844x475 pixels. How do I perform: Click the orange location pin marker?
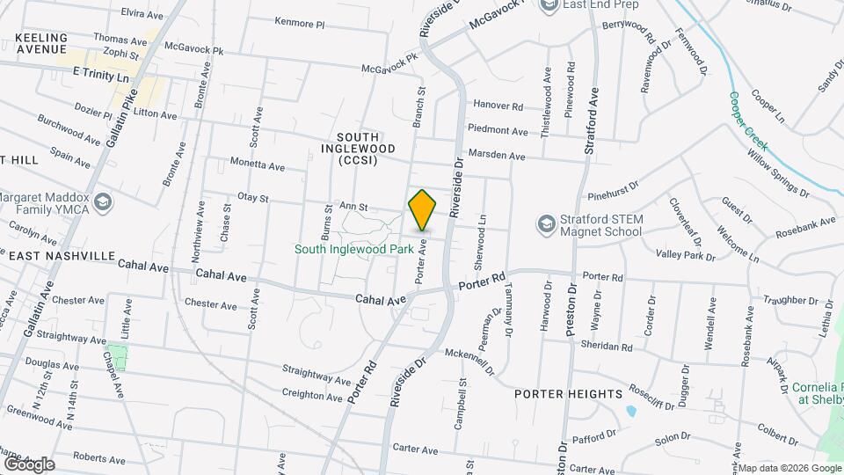click(x=422, y=211)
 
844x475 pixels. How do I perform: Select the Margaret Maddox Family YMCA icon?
click(x=104, y=203)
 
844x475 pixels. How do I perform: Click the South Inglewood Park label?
click(x=353, y=250)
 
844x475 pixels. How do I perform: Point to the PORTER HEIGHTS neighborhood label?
click(x=568, y=393)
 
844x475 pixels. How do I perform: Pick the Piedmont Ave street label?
click(x=498, y=131)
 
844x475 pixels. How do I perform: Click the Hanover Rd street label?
click(x=498, y=105)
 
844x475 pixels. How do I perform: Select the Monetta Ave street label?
click(x=258, y=165)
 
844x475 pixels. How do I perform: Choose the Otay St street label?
click(x=252, y=199)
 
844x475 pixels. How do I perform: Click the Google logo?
click(x=28, y=464)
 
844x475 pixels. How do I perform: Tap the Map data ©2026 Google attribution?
click(x=789, y=468)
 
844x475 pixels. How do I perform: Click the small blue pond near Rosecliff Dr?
click(x=630, y=411)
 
